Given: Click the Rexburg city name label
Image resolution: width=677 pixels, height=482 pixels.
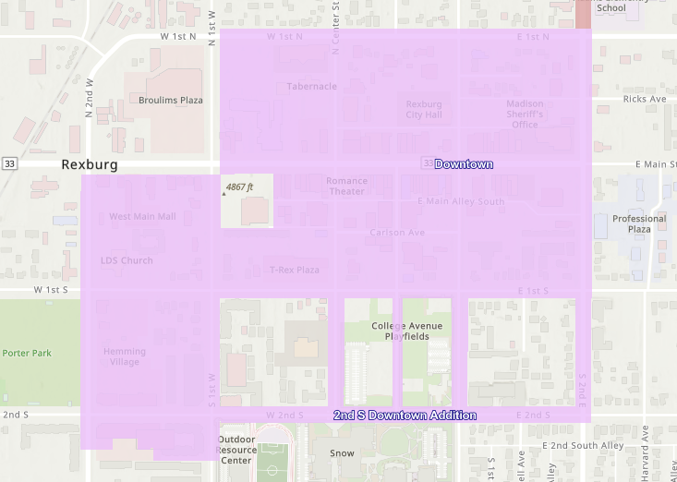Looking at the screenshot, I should click(90, 164).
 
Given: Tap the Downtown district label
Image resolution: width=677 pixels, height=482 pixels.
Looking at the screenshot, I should click(464, 164).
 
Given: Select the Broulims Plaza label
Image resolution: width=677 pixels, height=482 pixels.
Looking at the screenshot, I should click(171, 100).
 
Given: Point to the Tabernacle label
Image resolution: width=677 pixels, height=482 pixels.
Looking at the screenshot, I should click(311, 87).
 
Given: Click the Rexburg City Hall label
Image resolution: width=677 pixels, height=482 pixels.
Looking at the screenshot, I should click(424, 110).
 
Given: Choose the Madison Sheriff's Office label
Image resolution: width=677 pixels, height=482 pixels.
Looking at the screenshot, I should click(525, 114).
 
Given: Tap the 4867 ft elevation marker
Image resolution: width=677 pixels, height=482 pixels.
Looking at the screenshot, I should click(238, 187).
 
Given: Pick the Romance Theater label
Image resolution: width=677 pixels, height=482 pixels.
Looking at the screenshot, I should click(346, 187).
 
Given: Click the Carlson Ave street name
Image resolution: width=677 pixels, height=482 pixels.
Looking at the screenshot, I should click(397, 233).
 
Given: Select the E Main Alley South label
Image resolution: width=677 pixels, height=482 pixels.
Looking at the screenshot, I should click(461, 201).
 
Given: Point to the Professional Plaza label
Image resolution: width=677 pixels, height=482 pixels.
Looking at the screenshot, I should click(639, 223).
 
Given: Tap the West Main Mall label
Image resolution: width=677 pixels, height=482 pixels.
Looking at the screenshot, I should click(142, 217).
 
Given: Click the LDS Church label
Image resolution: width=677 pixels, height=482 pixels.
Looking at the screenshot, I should click(127, 260).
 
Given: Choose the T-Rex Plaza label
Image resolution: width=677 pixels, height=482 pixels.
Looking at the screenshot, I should click(295, 270).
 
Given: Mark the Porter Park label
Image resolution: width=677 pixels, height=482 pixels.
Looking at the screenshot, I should click(27, 353).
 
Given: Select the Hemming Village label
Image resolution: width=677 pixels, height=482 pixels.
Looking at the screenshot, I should click(125, 356).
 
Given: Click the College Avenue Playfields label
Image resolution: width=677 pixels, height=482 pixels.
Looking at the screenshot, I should click(406, 331).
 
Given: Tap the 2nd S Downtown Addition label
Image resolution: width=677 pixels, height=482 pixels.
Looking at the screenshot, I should click(405, 416).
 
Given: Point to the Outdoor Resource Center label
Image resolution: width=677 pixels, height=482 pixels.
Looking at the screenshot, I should click(236, 450).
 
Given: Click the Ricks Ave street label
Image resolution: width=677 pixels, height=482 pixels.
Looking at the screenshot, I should click(644, 99).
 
